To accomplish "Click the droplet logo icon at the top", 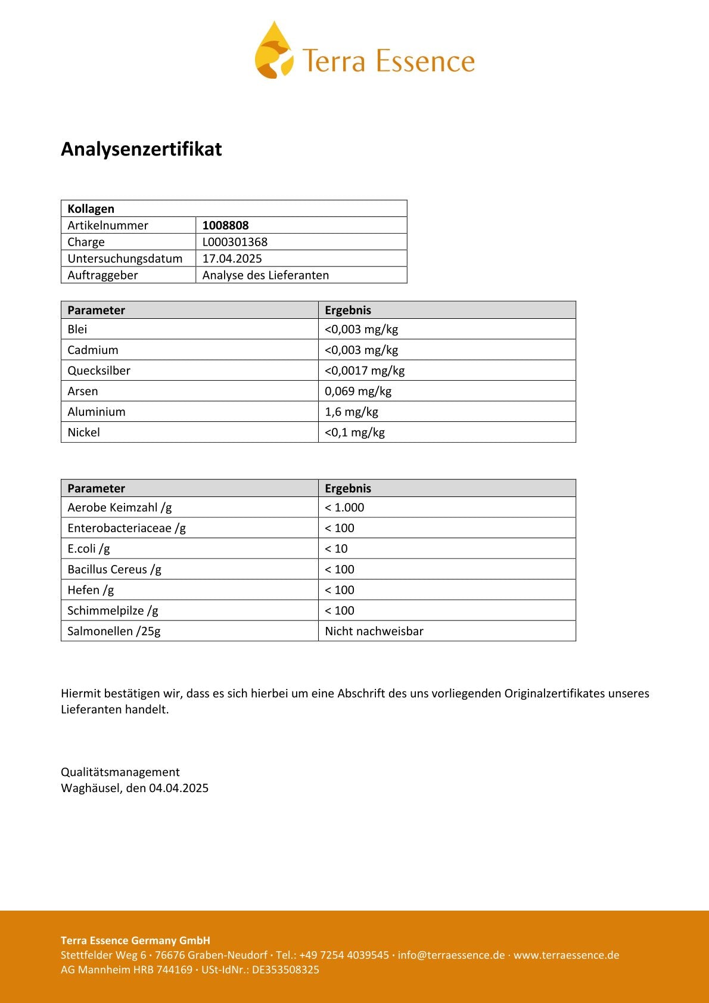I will (274, 51).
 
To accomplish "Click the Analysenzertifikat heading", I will (141, 149).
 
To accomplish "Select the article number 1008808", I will (225, 225).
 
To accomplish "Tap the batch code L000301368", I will (235, 242).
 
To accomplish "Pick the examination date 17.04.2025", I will (232, 259).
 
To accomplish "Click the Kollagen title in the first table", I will (91, 209).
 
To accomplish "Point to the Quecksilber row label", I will (99, 371).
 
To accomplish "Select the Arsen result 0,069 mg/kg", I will (357, 392).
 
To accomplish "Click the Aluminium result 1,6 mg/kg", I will (351, 412).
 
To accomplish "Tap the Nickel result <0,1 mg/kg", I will (354, 433).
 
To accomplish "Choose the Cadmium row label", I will (93, 350).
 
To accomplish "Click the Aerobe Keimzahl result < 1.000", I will (344, 508).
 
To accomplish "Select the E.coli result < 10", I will (336, 549).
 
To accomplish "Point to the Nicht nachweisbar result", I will (374, 631).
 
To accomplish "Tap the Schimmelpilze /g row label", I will (113, 611).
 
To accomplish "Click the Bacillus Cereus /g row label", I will (114, 570).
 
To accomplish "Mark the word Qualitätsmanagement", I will (120, 772).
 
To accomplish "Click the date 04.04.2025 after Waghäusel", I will (179, 788).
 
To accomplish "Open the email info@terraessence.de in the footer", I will (451, 955).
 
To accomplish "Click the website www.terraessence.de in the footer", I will (566, 955).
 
